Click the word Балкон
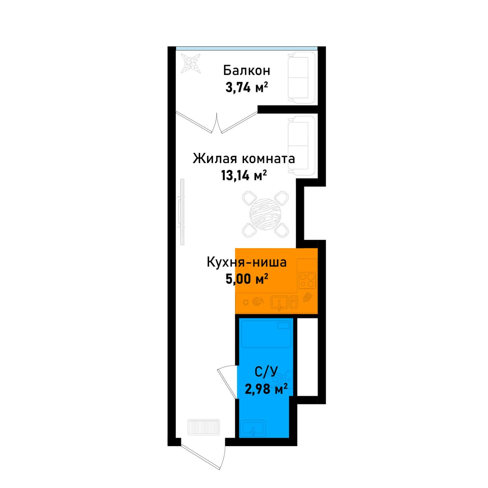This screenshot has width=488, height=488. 246,71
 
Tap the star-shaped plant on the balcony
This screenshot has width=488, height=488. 191,63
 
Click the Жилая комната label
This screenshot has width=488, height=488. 244,159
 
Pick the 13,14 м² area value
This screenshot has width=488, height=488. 244,175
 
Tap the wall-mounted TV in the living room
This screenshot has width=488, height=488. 181,212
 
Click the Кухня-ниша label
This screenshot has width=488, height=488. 247,262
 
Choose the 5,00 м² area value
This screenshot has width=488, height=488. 247,279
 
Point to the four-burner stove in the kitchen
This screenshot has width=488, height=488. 308,280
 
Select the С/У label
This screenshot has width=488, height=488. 266,379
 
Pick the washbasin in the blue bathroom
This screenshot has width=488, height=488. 254,428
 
